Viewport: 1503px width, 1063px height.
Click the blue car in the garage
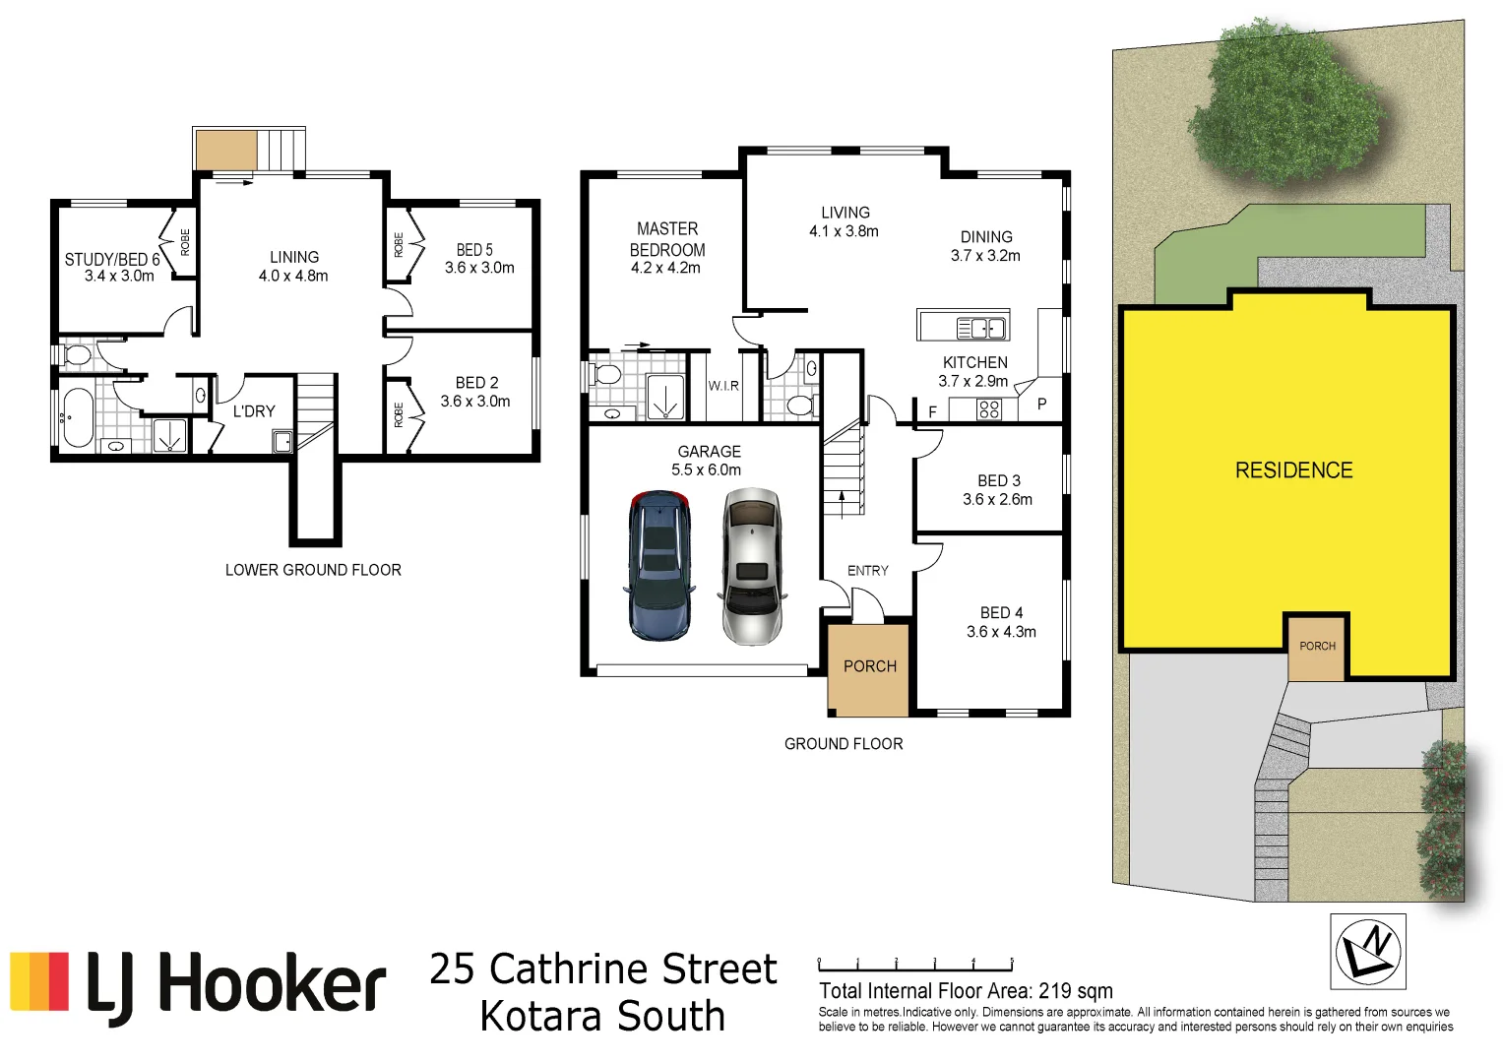click(x=659, y=565)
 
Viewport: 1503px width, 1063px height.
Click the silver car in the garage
click(x=752, y=567)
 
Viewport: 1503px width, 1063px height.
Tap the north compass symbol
click(x=1367, y=951)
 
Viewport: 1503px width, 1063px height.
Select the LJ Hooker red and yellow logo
click(x=39, y=981)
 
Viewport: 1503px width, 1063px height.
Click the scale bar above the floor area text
click(x=915, y=966)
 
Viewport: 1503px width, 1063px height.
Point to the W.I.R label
click(x=723, y=386)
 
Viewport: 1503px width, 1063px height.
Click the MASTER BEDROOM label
click(x=667, y=239)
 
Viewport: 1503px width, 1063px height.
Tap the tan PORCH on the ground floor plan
click(x=869, y=667)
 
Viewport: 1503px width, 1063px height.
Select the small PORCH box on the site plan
click(x=1317, y=647)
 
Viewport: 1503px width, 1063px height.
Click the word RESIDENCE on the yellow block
click(x=1293, y=470)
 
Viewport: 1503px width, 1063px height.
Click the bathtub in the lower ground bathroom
click(x=78, y=416)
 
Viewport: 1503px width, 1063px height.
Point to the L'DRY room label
click(x=254, y=411)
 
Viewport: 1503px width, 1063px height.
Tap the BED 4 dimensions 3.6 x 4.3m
click(x=1001, y=632)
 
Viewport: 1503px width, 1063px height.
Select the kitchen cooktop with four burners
click(x=989, y=409)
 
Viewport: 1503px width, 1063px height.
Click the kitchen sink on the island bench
click(x=981, y=328)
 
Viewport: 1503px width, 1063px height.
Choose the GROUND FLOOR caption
click(x=844, y=744)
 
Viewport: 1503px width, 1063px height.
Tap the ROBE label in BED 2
click(x=399, y=414)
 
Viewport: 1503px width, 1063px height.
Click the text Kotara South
click(x=602, y=1017)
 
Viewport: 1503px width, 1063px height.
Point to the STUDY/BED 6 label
click(x=111, y=260)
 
